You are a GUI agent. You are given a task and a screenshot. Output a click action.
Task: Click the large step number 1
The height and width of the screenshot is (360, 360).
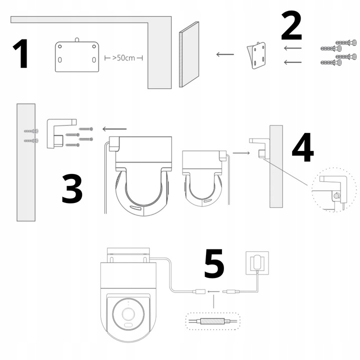pyautogui.click(x=20, y=54)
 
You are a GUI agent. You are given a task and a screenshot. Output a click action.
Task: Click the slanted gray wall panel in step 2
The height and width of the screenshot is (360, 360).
pyautogui.click(x=189, y=54)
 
